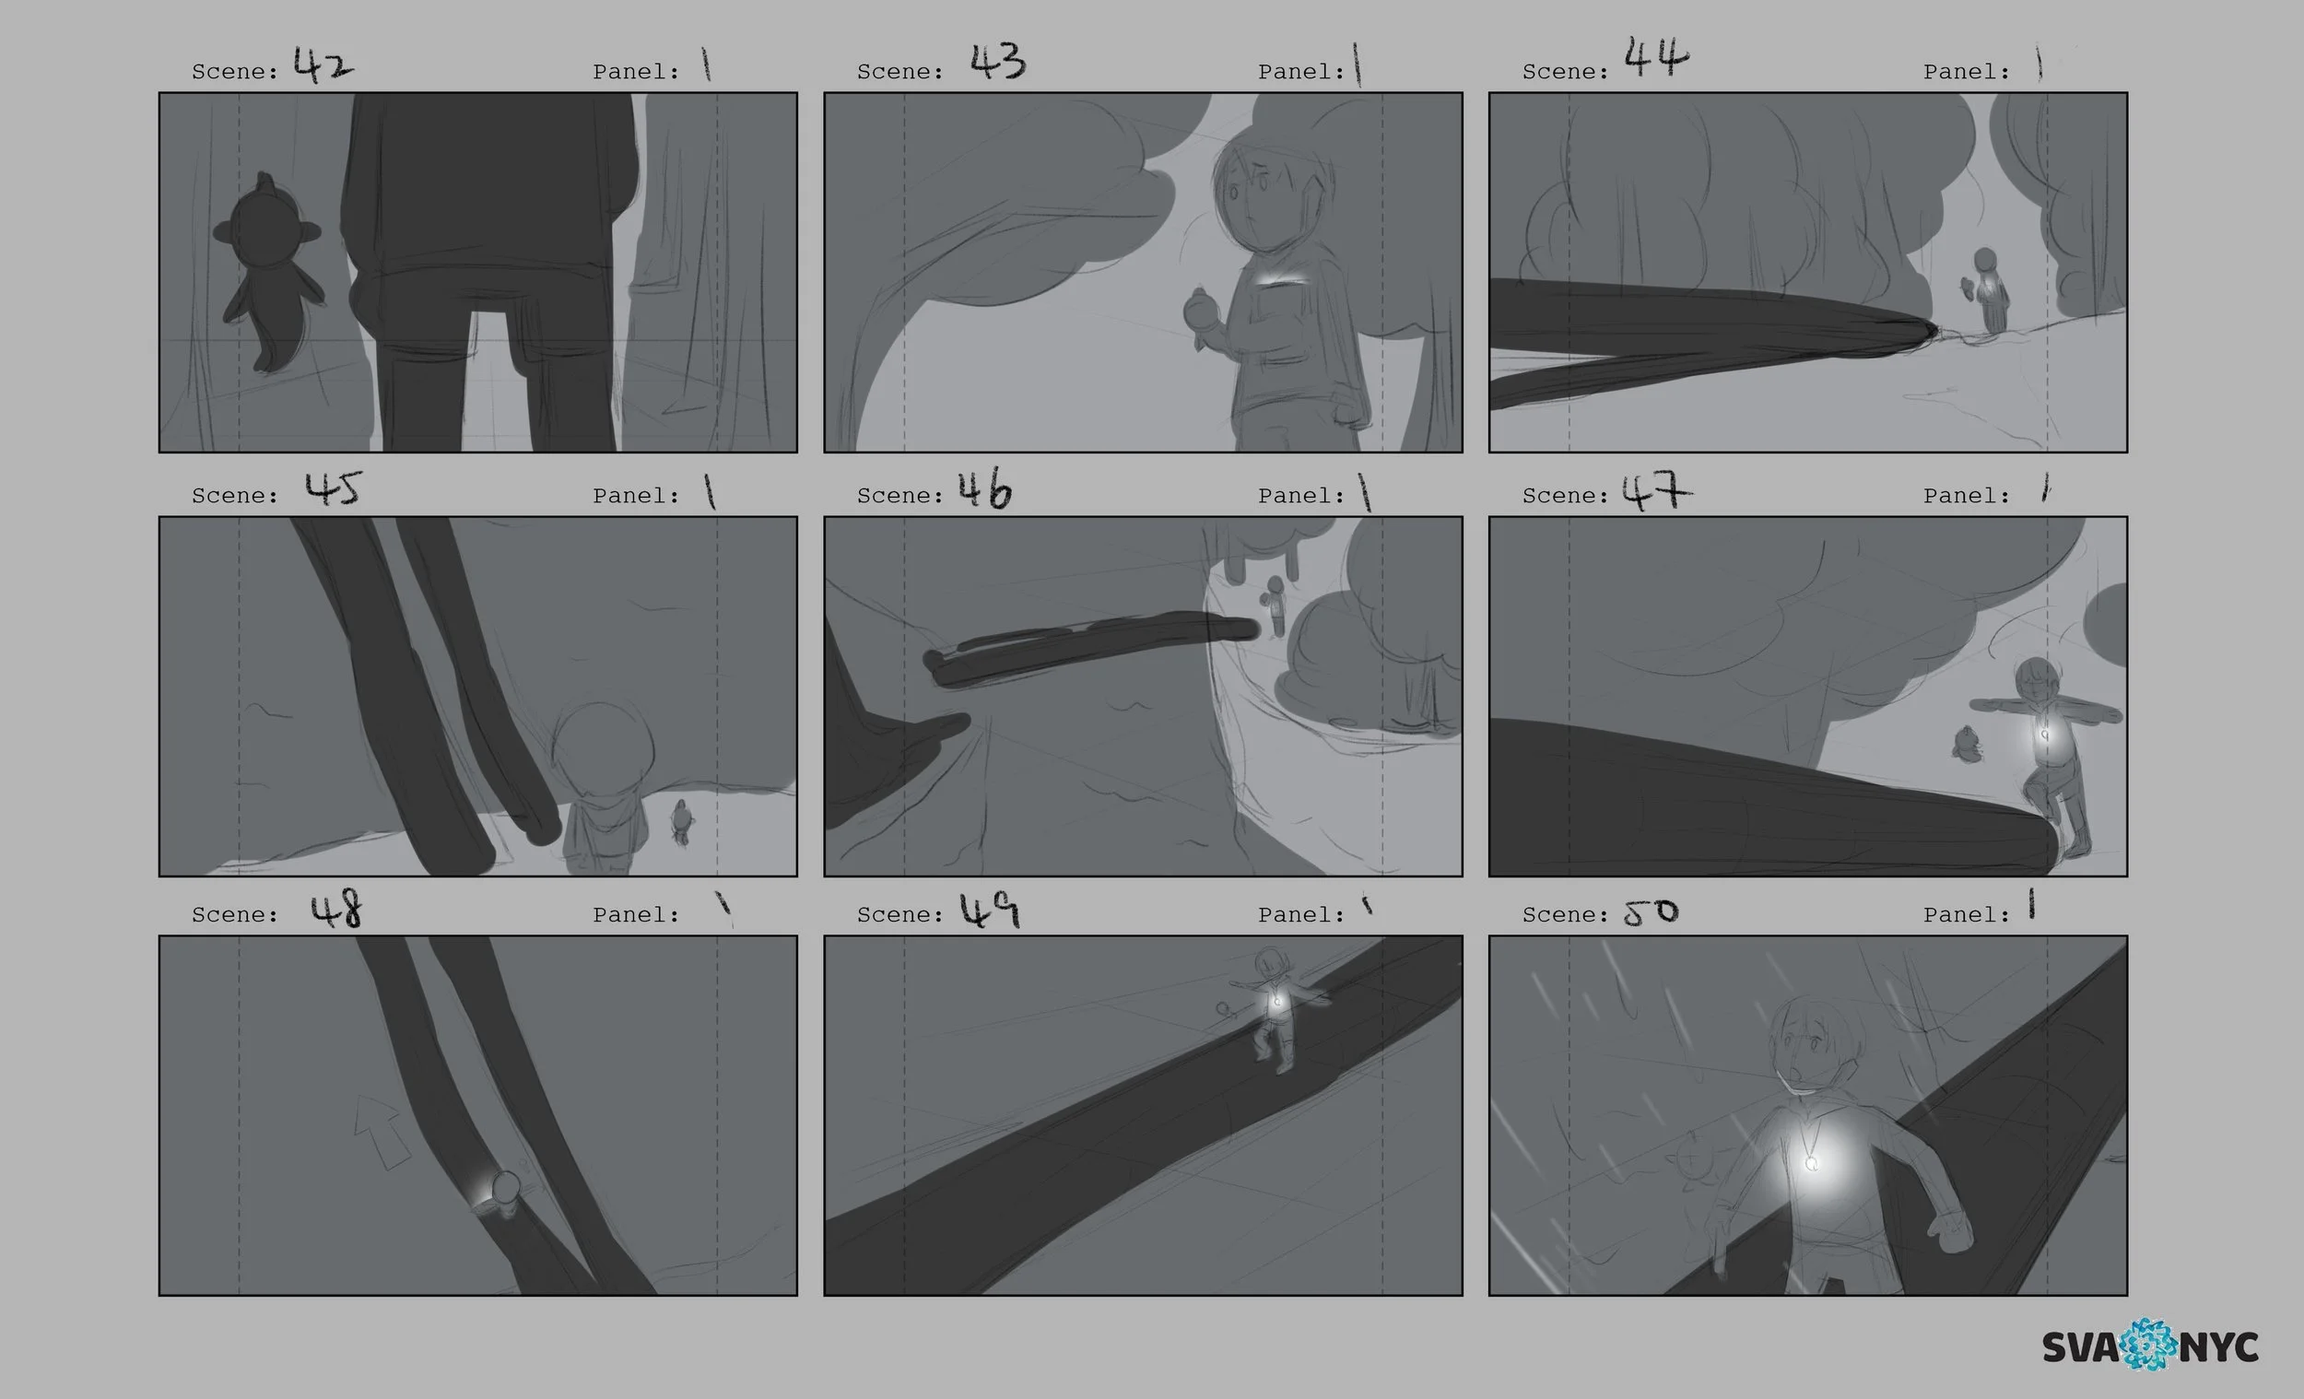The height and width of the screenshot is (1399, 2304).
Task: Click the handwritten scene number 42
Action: [x=323, y=65]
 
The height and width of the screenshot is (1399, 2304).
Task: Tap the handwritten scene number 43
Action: [x=998, y=61]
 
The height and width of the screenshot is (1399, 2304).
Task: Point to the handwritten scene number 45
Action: [x=333, y=489]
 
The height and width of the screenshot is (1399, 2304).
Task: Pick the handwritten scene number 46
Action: [x=984, y=489]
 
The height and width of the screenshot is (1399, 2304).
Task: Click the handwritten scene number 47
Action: [x=1656, y=491]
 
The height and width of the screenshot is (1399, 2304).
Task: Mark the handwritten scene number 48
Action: [x=336, y=908]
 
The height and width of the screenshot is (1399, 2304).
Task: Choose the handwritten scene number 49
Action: [x=989, y=910]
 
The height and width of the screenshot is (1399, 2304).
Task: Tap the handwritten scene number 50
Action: [x=1651, y=911]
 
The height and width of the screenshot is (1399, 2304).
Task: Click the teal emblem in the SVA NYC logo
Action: [x=2151, y=1345]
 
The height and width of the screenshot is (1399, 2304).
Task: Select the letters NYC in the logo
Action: [x=2220, y=1347]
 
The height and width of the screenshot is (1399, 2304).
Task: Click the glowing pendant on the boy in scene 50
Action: [x=1811, y=1162]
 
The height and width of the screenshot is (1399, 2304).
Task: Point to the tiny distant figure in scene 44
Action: [x=1986, y=290]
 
